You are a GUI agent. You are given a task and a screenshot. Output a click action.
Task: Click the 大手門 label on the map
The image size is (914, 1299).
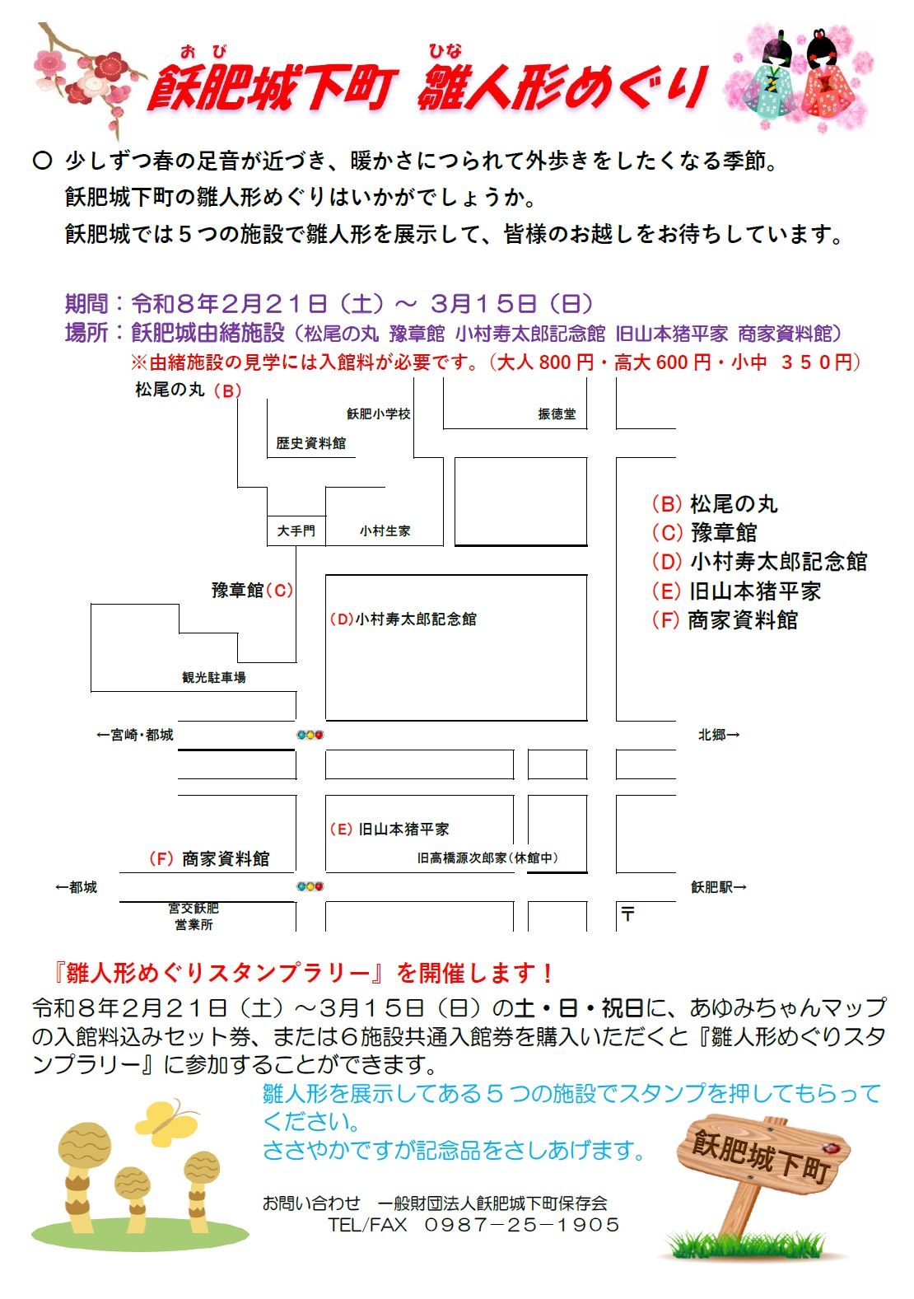pyautogui.click(x=296, y=531)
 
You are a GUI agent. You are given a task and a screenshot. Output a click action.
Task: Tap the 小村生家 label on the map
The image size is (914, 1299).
pyautogui.click(x=385, y=531)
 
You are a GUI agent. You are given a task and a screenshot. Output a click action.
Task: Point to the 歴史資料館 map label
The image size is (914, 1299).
pyautogui.click(x=310, y=443)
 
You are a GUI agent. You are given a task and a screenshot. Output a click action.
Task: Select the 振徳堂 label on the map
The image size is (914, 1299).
pyautogui.click(x=557, y=414)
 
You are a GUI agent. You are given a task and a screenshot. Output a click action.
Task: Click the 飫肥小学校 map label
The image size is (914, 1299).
pyautogui.click(x=378, y=414)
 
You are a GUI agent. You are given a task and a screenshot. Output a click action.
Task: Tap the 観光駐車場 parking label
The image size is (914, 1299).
pyautogui.click(x=214, y=677)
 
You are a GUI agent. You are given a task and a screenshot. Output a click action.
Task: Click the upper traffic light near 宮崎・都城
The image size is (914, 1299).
pyautogui.click(x=310, y=735)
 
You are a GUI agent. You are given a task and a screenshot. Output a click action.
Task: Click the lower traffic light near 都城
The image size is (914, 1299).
pyautogui.click(x=310, y=886)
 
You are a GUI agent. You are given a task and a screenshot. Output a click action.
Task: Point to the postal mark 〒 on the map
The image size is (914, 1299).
pyautogui.click(x=628, y=914)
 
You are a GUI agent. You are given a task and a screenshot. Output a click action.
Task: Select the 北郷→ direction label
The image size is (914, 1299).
pyautogui.click(x=718, y=735)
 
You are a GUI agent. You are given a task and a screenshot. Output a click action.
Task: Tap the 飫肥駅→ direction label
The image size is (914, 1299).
pyautogui.click(x=718, y=887)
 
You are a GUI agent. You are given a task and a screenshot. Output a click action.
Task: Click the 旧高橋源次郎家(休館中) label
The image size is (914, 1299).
pyautogui.click(x=487, y=858)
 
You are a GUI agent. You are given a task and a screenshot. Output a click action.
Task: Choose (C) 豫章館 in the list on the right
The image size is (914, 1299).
pyautogui.click(x=704, y=533)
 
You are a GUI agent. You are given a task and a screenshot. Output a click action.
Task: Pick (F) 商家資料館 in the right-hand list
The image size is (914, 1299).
pyautogui.click(x=725, y=620)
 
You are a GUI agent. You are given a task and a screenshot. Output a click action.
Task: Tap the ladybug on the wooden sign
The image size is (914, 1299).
pyautogui.click(x=832, y=1147)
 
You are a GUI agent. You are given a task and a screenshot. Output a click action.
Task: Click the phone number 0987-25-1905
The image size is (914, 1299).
pyautogui.click(x=521, y=1225)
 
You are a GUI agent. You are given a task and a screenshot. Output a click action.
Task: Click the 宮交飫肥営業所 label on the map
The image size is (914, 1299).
pyautogui.click(x=194, y=916)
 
